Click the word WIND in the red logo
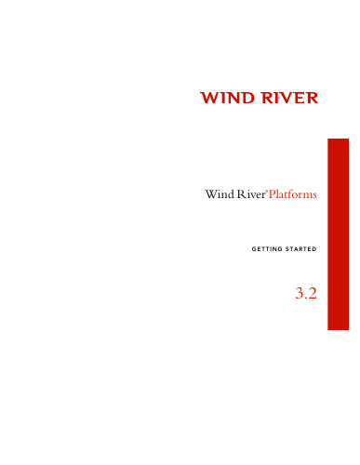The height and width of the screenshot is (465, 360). [227, 98]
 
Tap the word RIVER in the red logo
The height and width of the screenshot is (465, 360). [290, 98]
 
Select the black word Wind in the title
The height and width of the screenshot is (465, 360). [220, 194]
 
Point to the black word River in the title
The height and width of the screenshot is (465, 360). [251, 194]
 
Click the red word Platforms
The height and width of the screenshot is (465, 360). [293, 194]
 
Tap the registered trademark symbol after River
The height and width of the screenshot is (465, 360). [267, 191]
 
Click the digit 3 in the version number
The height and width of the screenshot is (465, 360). [300, 293]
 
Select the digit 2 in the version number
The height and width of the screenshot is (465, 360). [313, 293]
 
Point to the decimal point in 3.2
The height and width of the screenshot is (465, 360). [306, 298]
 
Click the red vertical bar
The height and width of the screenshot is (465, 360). [339, 234]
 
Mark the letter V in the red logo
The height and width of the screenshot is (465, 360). [289, 98]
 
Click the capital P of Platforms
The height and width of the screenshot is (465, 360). [272, 194]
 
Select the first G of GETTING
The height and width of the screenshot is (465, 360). [254, 249]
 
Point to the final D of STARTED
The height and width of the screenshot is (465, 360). [314, 249]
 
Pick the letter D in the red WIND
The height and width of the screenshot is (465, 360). [247, 98]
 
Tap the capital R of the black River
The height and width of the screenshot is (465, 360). [241, 194]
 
